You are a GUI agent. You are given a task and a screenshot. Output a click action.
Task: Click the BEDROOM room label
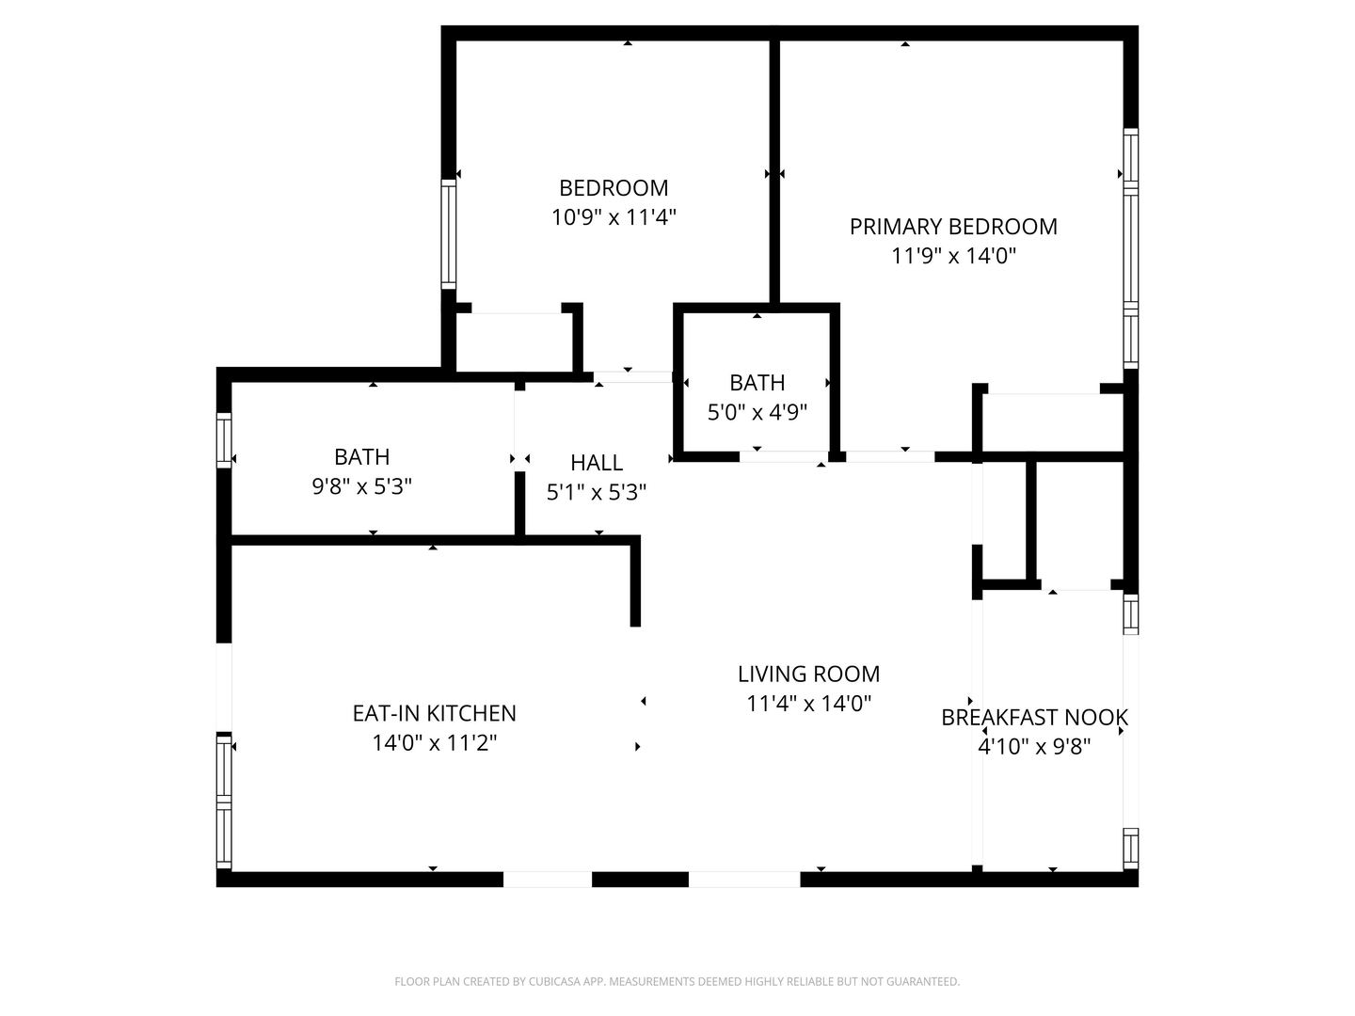tap(613, 187)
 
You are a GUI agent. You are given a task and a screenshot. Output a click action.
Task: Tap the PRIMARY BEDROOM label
tap(953, 227)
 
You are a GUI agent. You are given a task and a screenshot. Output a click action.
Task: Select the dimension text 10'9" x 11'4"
tap(614, 217)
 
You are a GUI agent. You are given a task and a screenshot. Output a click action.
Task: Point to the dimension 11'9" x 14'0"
tap(953, 255)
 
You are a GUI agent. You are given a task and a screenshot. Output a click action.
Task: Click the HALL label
tap(597, 463)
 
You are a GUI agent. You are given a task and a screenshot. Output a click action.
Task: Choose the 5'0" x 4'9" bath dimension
tap(757, 412)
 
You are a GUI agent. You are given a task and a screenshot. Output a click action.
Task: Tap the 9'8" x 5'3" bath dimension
tap(361, 486)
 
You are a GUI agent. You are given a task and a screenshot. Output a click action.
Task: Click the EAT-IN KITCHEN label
tap(434, 713)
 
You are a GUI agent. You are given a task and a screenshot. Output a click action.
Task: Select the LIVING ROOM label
tap(808, 675)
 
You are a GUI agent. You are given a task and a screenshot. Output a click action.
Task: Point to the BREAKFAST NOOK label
tap(1035, 718)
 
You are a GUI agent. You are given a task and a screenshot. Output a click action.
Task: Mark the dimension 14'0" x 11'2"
tap(434, 743)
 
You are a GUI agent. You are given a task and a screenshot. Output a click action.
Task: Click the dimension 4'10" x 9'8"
tap(1035, 747)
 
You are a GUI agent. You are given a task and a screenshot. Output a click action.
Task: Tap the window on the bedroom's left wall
tap(449, 234)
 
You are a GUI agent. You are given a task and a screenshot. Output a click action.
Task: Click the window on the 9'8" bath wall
tap(223, 441)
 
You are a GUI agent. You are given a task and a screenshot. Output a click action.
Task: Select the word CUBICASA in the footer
tap(555, 981)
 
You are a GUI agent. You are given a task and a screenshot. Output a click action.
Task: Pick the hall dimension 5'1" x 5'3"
tap(597, 492)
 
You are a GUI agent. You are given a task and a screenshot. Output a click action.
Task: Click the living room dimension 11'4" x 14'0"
tap(808, 704)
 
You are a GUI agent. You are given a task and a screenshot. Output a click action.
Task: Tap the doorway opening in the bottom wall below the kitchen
tap(548, 880)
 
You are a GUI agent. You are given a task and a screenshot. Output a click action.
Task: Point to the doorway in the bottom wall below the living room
tap(744, 880)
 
